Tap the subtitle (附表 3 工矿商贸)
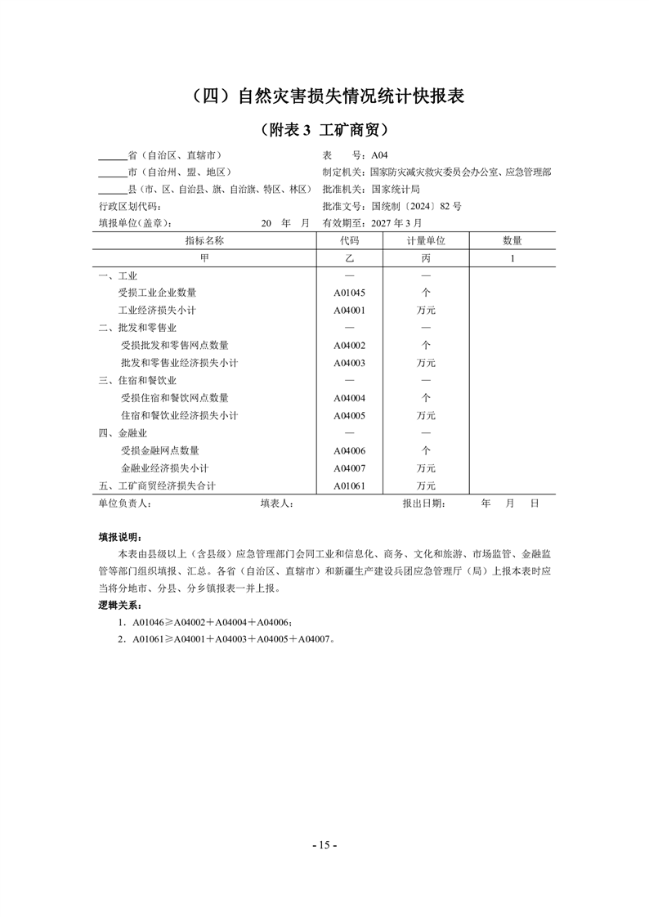click(324, 130)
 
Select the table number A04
click(381, 155)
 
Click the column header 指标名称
click(204, 240)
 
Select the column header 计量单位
click(425, 240)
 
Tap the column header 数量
click(512, 240)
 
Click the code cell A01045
click(349, 293)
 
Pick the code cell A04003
click(349, 363)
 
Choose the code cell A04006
click(349, 450)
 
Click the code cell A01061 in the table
click(349, 486)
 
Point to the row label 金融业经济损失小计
click(165, 468)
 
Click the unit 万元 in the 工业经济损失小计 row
click(425, 311)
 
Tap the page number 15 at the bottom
click(324, 845)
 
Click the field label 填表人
click(276, 504)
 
